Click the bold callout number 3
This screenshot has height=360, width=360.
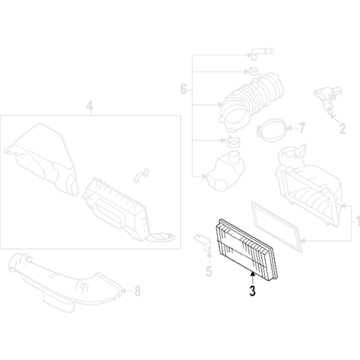click(x=252, y=291)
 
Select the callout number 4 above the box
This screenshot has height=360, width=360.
click(x=90, y=106)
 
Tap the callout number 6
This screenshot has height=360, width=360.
click(x=184, y=89)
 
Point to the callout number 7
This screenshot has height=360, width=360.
click(x=302, y=128)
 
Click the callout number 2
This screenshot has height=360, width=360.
click(x=342, y=129)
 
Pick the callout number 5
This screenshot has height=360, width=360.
click(x=209, y=271)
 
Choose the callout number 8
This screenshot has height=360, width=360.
click(x=138, y=291)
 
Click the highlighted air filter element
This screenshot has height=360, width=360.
click(x=247, y=250)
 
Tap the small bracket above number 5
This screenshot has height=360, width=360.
click(x=203, y=242)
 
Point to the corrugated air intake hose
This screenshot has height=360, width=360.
click(x=251, y=101)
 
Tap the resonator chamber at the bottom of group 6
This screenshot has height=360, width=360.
click(x=226, y=171)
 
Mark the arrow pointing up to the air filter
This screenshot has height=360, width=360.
click(x=252, y=279)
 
